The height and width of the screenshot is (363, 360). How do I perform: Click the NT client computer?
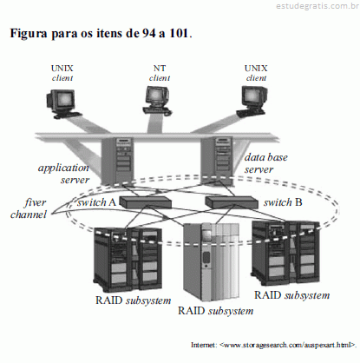click(x=157, y=101)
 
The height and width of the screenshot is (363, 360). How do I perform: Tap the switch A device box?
click(x=146, y=202)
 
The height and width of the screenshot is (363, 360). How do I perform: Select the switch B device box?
click(x=232, y=202)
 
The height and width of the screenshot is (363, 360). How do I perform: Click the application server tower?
click(x=116, y=162)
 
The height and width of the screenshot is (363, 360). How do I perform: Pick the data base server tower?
click(x=217, y=161)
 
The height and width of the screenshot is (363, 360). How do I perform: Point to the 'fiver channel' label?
click(x=29, y=208)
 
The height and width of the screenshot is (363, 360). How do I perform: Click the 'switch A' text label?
click(x=96, y=202)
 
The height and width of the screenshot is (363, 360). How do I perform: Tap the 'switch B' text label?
click(x=283, y=202)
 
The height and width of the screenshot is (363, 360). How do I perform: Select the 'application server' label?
click(x=64, y=174)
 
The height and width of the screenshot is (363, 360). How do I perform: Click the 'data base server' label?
click(x=266, y=163)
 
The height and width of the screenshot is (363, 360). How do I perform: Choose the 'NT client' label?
click(x=160, y=73)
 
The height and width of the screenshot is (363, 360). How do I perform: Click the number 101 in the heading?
click(x=180, y=33)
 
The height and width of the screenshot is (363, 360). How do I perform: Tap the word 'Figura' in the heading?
click(x=29, y=34)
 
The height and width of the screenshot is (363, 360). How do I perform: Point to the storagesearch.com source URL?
click(x=287, y=345)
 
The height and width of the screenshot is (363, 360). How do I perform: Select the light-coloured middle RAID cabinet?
click(x=213, y=261)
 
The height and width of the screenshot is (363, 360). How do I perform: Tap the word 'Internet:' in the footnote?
click(x=204, y=345)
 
